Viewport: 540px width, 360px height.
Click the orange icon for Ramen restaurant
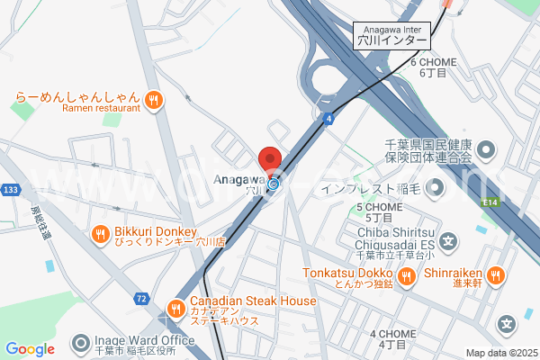point(154,98)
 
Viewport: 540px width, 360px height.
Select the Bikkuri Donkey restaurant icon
point(101,236)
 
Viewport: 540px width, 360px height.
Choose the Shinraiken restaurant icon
point(494,274)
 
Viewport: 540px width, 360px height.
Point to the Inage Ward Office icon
point(82,344)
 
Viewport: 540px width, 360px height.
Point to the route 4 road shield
point(330,118)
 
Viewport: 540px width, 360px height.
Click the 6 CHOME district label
point(433,67)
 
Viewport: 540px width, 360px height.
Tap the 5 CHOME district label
point(379,212)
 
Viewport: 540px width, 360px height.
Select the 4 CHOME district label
point(392,338)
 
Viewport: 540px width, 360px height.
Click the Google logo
point(30,349)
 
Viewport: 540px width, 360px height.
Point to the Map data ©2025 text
point(500,353)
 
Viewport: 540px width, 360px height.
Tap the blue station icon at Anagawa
point(273,186)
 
